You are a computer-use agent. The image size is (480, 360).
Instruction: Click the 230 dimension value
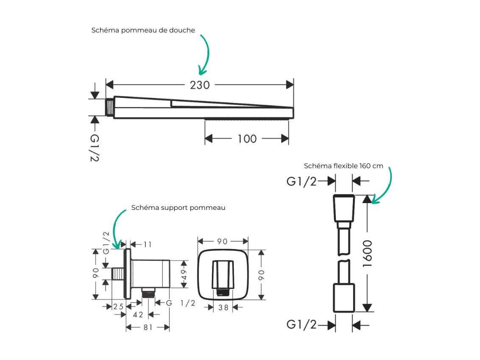tap(200, 85)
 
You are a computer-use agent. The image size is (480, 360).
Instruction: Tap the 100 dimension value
tap(247, 139)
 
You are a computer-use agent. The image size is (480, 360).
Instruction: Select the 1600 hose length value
tap(367, 254)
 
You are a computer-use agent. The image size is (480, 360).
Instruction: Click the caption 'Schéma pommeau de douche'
tap(143, 30)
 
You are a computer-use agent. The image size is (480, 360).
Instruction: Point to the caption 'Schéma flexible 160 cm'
tap(343, 166)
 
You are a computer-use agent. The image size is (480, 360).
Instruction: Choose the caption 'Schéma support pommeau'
tap(178, 207)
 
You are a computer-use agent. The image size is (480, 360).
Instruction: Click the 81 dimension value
tap(148, 327)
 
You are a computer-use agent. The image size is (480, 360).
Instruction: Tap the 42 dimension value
tap(138, 315)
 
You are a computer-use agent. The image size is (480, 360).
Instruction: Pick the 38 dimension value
tap(223, 308)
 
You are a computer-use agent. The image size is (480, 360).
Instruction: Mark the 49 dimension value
tap(184, 274)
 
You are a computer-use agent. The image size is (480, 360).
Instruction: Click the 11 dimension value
tap(148, 245)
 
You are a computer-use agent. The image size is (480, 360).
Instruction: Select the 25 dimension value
tap(118, 307)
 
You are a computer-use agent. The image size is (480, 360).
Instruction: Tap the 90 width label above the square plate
tap(222, 242)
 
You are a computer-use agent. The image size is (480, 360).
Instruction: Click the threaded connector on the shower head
tap(110, 107)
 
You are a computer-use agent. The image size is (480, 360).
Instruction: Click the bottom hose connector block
tap(344, 298)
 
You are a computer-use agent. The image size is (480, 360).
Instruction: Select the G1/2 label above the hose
tap(301, 181)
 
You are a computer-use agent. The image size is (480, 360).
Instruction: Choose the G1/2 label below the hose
tap(301, 324)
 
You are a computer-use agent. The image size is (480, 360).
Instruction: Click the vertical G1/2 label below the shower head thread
tap(95, 148)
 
